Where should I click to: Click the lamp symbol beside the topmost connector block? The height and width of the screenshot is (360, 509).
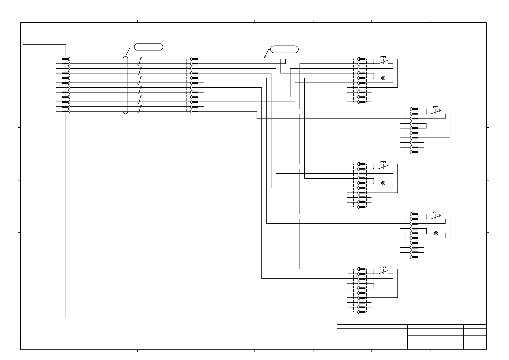(x=383, y=78)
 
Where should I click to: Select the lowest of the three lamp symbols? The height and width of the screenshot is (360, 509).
(x=436, y=233)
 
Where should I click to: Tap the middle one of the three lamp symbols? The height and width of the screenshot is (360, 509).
(x=383, y=183)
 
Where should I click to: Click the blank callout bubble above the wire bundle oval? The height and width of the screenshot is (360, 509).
(x=148, y=47)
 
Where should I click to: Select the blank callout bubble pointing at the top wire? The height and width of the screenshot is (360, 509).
(x=284, y=49)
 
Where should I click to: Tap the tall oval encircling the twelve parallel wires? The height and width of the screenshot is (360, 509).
(x=126, y=85)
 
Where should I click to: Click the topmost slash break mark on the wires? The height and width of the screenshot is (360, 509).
(x=140, y=61)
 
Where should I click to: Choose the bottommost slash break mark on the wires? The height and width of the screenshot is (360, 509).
(x=139, y=109)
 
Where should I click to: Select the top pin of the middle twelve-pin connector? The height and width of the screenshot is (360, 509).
(x=195, y=59)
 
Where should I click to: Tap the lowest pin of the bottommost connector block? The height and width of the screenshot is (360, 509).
(x=361, y=312)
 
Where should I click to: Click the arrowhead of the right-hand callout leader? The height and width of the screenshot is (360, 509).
(x=264, y=58)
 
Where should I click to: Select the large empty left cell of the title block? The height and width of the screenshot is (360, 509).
(x=372, y=339)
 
